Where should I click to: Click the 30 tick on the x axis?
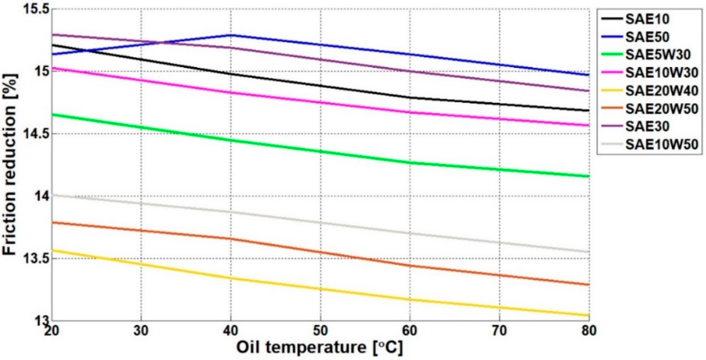coord(141,331)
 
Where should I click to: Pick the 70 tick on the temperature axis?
coord(499,331)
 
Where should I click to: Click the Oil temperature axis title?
coord(320,348)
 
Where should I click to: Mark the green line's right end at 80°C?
coord(589,176)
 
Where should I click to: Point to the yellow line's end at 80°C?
coord(589,315)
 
